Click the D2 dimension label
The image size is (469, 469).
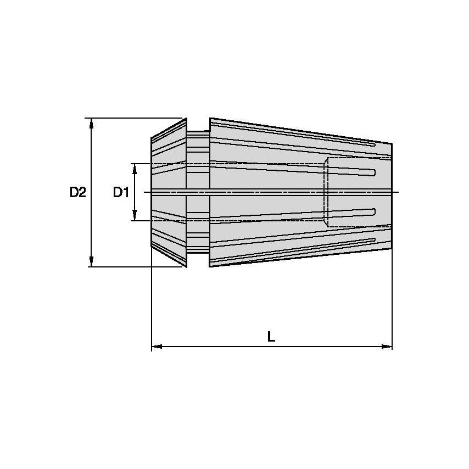(x=77, y=193)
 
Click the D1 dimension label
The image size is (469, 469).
(x=120, y=193)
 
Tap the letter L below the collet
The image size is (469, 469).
(x=271, y=337)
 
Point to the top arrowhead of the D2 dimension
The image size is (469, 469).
(x=92, y=123)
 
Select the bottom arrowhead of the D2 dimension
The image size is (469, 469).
(x=92, y=261)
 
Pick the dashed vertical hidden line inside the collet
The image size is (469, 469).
(x=328, y=192)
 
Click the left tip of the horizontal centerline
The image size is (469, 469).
(x=144, y=192)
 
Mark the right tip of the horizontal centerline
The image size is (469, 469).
(x=399, y=192)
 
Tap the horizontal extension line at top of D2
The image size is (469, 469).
(x=137, y=118)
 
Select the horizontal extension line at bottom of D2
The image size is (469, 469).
(x=137, y=267)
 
